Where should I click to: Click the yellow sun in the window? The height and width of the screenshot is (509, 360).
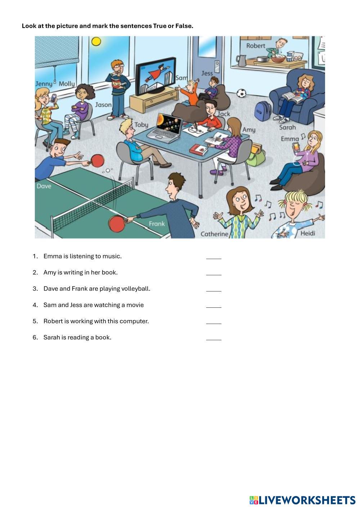[x=96, y=42]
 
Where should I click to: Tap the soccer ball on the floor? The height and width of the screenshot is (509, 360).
[x=241, y=94]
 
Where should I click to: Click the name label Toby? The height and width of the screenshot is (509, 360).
[x=141, y=125]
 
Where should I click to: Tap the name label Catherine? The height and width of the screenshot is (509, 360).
[x=214, y=234]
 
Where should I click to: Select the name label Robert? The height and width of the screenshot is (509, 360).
[x=256, y=46]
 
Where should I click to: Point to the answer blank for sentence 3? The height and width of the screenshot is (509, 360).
[x=213, y=290]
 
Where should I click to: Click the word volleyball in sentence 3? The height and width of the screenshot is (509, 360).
[x=135, y=289]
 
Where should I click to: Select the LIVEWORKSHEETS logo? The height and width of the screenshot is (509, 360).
[x=302, y=500]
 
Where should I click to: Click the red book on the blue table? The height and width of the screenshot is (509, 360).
[x=199, y=149]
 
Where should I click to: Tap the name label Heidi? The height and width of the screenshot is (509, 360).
[x=307, y=233]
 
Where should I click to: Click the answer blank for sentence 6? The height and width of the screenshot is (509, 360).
[x=213, y=339]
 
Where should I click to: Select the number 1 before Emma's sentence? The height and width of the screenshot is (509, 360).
[x=35, y=256]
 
